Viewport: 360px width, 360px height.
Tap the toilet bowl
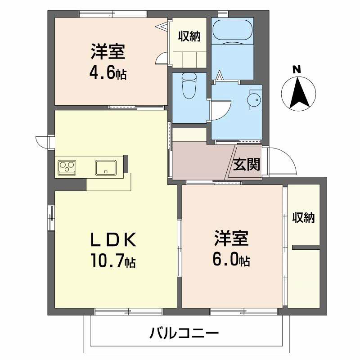pyautogui.click(x=189, y=85)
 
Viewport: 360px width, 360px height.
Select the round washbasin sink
pyautogui.click(x=254, y=100)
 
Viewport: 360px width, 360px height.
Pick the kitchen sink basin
pyautogui.click(x=106, y=167)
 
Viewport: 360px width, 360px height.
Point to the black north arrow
pyautogui.click(x=298, y=93)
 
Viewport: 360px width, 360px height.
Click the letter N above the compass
pyautogui.click(x=297, y=69)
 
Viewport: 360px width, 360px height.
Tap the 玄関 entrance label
pyautogui.click(x=246, y=164)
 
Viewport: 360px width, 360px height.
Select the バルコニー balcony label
pyautogui.click(x=184, y=333)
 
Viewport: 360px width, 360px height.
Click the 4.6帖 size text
pyautogui.click(x=108, y=74)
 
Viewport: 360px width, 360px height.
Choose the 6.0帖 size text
pyautogui.click(x=231, y=261)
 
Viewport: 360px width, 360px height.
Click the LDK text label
pyautogui.click(x=113, y=239)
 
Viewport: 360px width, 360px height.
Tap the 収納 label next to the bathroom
pyautogui.click(x=189, y=36)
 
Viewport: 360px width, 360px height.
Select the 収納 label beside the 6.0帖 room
pyautogui.click(x=303, y=217)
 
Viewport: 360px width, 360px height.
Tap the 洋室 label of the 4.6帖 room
pyautogui.click(x=108, y=52)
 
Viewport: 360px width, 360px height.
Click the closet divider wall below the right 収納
pyautogui.click(x=306, y=247)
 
